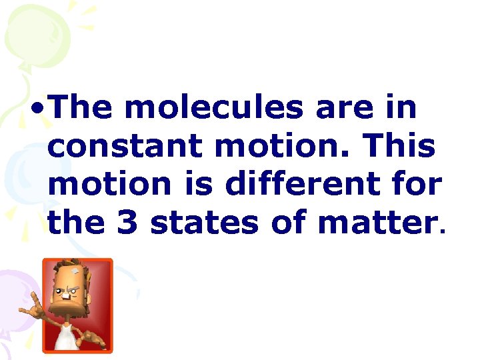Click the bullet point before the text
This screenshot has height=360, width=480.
39,108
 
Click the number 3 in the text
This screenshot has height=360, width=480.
127,223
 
